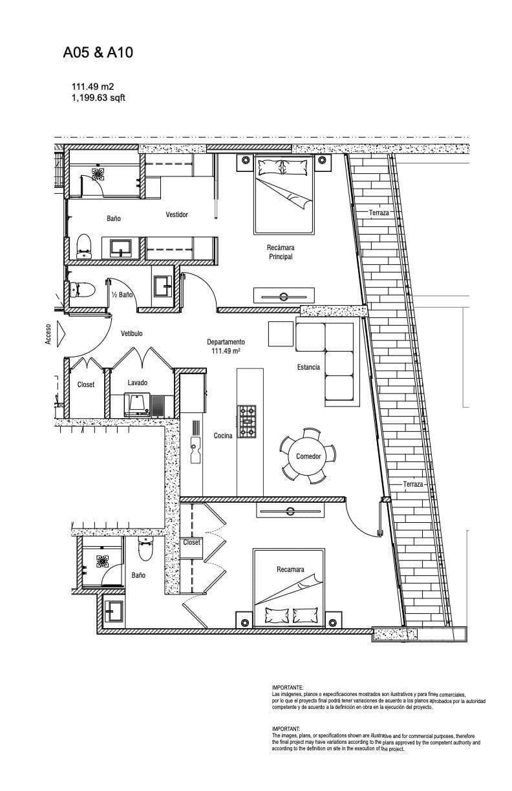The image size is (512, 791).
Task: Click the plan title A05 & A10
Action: point(98,52)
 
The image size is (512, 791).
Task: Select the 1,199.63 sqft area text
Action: point(98,98)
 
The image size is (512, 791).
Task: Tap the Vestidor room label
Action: point(176,215)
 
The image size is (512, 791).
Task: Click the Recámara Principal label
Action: point(281,252)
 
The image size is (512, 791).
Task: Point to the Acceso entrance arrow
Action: point(61,333)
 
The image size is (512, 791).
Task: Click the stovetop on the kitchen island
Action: point(247,421)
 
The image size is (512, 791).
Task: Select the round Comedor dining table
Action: point(308,456)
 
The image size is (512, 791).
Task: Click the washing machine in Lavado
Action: point(137,405)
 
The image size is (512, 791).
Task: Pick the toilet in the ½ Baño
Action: point(83,290)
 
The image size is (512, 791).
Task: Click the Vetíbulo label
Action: point(132,333)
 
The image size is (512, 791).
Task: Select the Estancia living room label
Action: point(308,367)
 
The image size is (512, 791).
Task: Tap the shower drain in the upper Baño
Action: point(98,174)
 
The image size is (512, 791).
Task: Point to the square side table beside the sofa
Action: point(281,333)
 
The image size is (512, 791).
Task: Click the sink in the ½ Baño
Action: point(163,286)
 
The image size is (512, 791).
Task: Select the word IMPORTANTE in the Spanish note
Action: point(287,688)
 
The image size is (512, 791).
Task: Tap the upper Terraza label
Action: point(379,213)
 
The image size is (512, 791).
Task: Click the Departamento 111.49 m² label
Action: point(226,346)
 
